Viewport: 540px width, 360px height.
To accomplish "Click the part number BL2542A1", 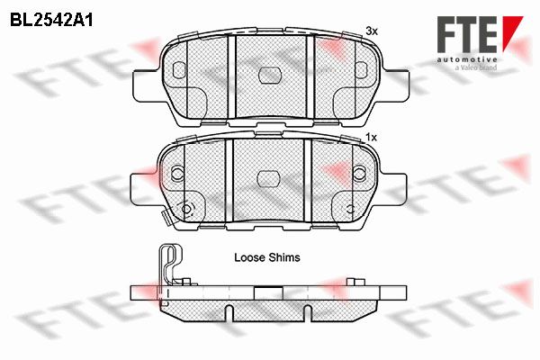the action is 51,20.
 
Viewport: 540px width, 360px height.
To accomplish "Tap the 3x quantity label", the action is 372,31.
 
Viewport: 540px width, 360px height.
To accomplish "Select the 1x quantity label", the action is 371,138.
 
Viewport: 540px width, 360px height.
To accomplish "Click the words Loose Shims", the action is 267,257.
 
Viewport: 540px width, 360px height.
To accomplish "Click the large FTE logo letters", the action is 467,34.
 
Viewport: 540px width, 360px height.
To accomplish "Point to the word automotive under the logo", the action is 467,59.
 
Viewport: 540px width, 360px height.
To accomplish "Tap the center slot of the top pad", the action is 270,75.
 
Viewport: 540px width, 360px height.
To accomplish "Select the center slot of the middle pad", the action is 268,179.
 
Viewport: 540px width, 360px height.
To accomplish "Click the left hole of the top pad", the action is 179,70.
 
